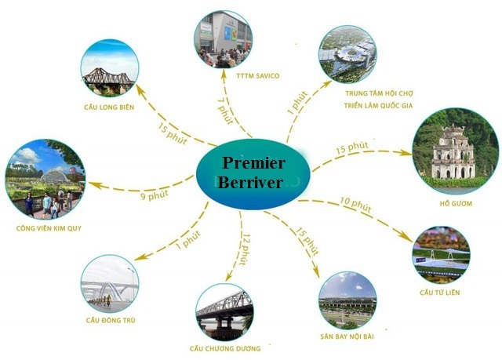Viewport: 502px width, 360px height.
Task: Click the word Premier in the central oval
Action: point(253,163)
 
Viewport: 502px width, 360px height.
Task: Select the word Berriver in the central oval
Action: point(250,183)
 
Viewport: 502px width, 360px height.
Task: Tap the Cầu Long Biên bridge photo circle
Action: point(110,67)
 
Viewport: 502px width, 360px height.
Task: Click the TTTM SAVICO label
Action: point(258,76)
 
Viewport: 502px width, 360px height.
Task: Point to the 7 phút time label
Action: point(225,111)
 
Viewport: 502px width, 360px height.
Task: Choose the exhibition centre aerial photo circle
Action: point(347,54)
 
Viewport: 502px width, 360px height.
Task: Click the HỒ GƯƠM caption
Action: point(456,203)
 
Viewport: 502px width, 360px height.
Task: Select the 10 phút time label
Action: point(355,205)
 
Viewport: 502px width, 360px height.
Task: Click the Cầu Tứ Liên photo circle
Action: point(441,255)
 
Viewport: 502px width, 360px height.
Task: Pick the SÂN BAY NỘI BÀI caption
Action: point(347,336)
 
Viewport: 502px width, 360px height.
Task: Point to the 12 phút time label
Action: point(245,249)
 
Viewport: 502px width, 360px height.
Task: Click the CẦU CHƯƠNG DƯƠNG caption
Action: point(225,348)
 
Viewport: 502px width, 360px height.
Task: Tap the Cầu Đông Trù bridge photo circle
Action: point(110,284)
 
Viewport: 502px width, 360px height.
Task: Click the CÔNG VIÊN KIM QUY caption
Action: point(49,228)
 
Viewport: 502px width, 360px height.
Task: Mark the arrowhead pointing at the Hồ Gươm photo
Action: point(407,153)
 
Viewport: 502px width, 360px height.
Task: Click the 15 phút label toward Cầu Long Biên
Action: point(173,133)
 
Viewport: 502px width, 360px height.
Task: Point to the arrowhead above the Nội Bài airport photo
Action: point(316,273)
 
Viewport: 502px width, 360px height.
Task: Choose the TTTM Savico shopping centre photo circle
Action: point(223,39)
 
